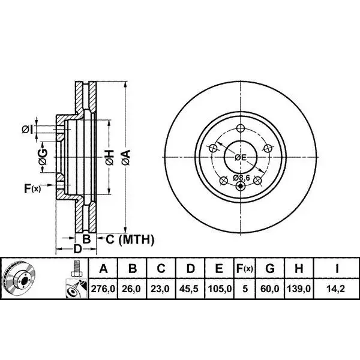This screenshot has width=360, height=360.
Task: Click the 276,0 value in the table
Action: [103, 289]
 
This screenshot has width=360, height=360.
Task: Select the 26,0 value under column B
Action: [131, 289]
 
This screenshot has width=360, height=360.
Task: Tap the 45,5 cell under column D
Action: [189, 289]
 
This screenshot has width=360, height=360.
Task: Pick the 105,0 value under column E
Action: [220, 289]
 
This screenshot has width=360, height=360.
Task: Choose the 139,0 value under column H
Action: [299, 289]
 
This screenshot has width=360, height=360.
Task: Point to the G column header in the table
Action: [270, 268]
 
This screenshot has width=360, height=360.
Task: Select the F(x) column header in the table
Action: [245, 268]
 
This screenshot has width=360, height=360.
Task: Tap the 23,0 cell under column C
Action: [160, 289]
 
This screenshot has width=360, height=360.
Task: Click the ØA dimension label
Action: [126, 157]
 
